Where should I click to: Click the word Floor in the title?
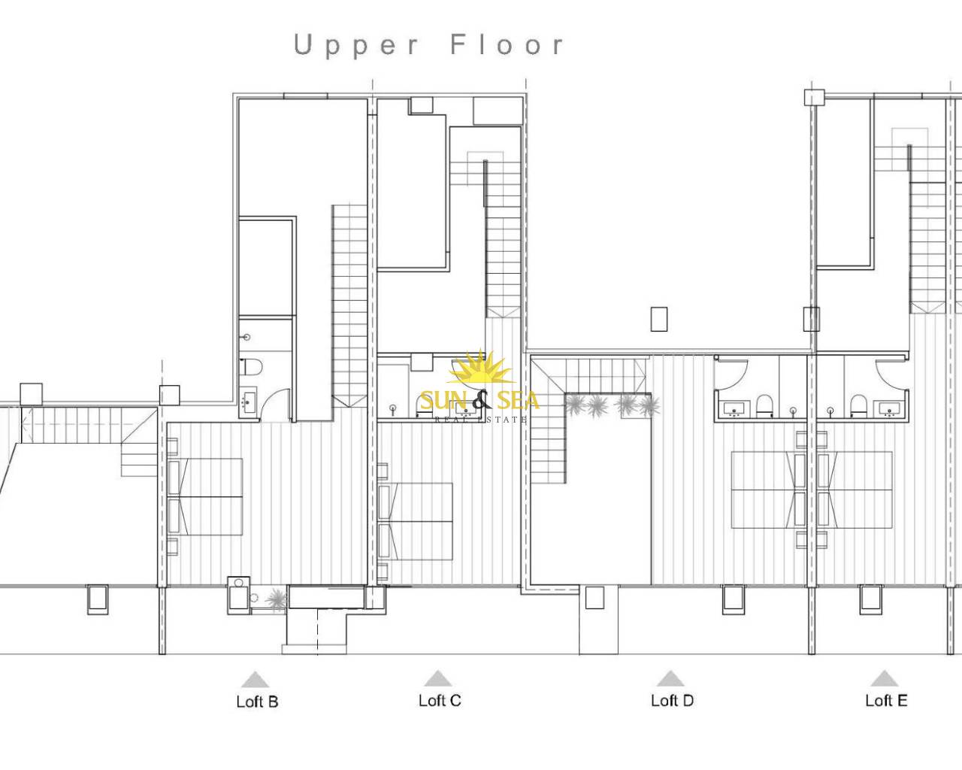pyautogui.click(x=507, y=45)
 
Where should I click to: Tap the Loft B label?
pyautogui.click(x=258, y=701)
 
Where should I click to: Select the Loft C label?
pyautogui.click(x=440, y=700)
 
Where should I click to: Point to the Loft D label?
pyautogui.click(x=673, y=700)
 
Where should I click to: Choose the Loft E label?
pyautogui.click(x=886, y=700)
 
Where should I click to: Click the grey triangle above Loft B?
pyautogui.click(x=255, y=679)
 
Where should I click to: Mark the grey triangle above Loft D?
pyautogui.click(x=670, y=678)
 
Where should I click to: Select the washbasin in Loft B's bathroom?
pyautogui.click(x=248, y=402)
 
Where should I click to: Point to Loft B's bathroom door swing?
pyautogui.click(x=275, y=405)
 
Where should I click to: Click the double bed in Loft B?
pyautogui.click(x=205, y=496)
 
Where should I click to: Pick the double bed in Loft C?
pyautogui.click(x=416, y=521)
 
